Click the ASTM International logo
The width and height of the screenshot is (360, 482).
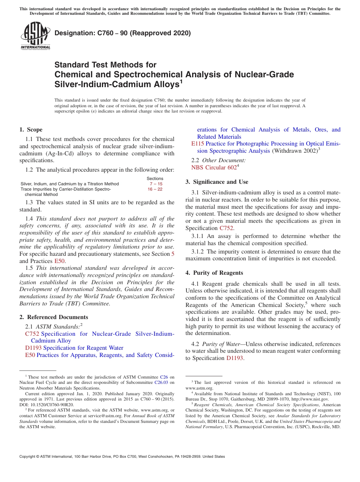(35, 36)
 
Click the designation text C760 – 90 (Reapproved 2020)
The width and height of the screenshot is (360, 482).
(123, 33)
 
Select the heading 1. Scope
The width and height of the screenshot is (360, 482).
(31, 130)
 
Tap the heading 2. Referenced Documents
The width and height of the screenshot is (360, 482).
(53, 317)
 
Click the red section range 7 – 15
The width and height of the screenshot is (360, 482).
(156, 184)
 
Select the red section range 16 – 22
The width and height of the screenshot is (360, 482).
(155, 189)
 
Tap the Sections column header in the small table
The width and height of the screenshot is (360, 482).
(155, 178)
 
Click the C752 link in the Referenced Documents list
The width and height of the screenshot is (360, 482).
(32, 334)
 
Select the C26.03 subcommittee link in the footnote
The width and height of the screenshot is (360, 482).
(162, 383)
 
